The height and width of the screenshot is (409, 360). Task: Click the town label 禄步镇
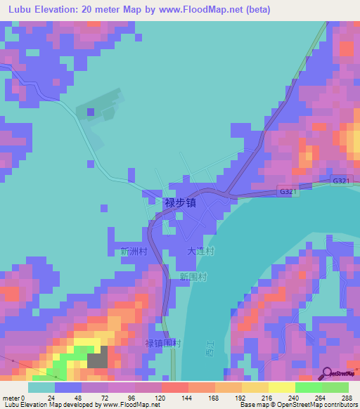tap(179, 202)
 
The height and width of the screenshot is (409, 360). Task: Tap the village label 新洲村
tap(133, 251)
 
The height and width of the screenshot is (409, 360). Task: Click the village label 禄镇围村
tap(163, 344)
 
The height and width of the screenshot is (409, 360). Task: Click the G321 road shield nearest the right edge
tap(341, 181)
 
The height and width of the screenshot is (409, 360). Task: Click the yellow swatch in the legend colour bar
tap(281, 387)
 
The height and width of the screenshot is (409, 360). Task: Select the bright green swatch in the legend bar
tap(308, 387)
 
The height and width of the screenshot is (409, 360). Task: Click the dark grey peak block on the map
tap(98, 356)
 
